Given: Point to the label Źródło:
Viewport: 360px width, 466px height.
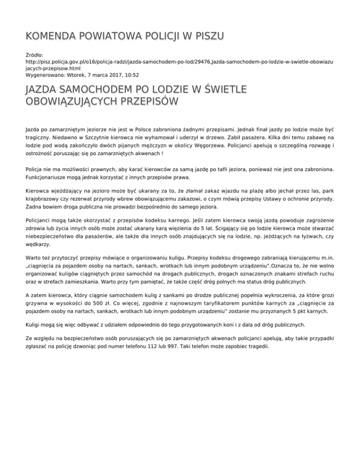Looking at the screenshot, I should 35,55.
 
